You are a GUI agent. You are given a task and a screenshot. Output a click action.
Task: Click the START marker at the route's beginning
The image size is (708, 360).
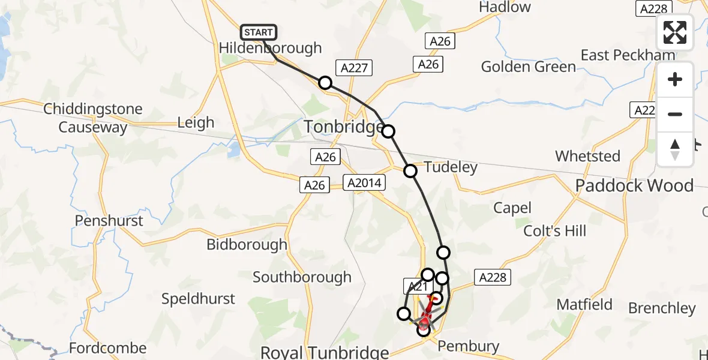(259, 32)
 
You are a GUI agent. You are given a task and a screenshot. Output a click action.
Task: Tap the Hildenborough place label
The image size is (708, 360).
(270, 48)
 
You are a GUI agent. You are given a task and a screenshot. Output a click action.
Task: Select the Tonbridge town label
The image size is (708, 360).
(342, 127)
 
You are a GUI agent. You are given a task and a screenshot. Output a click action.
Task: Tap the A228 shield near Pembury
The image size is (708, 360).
(494, 277)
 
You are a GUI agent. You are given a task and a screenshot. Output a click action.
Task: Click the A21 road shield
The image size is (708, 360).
(418, 287)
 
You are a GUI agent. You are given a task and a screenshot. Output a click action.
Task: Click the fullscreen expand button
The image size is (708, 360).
(675, 32)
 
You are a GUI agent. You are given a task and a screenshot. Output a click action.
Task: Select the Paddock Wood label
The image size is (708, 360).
(634, 185)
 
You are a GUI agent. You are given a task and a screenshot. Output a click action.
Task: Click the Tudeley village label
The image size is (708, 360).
(451, 167)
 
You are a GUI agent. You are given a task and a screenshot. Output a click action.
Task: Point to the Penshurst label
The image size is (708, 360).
(109, 221)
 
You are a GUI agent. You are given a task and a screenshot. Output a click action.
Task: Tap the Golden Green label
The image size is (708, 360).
(528, 66)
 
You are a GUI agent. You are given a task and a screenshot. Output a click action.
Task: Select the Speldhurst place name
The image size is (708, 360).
(199, 298)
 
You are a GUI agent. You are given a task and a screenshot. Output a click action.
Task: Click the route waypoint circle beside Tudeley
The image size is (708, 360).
(410, 171)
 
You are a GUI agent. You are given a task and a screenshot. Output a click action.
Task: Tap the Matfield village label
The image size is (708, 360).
(584, 304)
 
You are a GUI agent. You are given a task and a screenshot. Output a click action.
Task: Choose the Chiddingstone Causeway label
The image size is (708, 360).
(93, 118)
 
